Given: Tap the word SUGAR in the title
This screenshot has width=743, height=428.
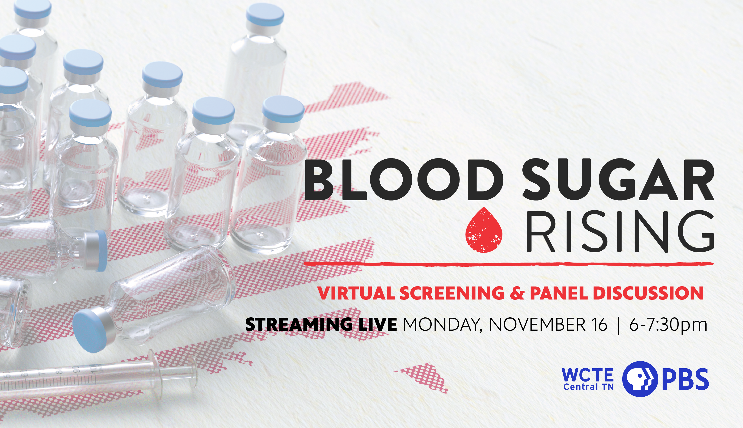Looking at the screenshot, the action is pos(618,180).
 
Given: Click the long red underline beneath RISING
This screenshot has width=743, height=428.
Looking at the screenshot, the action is pos(509,264).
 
